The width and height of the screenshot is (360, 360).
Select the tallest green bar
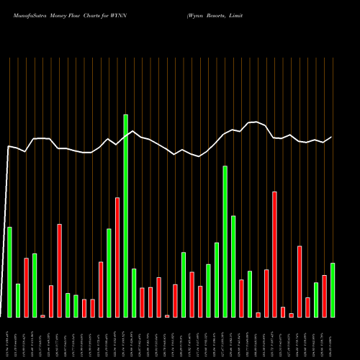coord(125,216)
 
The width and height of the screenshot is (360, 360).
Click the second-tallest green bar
coord(225,241)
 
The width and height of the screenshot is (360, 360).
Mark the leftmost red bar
coord(26,287)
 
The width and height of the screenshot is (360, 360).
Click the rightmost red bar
coord(324,296)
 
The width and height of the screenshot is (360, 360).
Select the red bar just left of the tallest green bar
coord(117,257)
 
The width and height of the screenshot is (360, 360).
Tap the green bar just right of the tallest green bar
coord(134,293)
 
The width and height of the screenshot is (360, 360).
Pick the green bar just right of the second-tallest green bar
coord(233,266)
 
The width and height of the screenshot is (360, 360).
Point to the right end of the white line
coord(332,137)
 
